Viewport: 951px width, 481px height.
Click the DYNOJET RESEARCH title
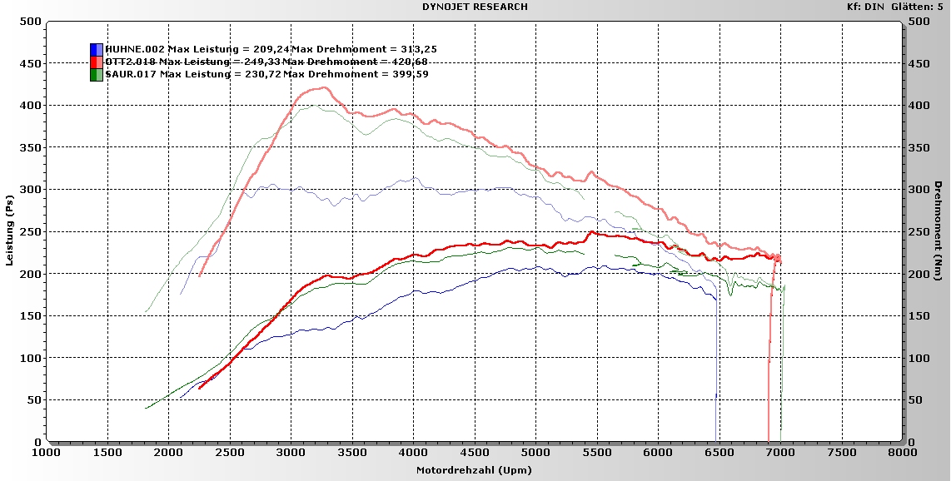pyautogui.click(x=475, y=7)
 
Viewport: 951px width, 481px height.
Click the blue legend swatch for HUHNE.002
pyautogui.click(x=97, y=49)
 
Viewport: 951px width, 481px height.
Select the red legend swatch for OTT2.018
pyautogui.click(x=97, y=62)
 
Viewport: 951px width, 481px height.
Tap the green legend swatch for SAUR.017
pyautogui.click(x=97, y=74)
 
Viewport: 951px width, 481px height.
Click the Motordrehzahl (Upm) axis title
pyautogui.click(x=473, y=470)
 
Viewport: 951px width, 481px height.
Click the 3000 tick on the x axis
pyautogui.click(x=291, y=453)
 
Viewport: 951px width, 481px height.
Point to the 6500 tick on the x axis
pyautogui.click(x=719, y=453)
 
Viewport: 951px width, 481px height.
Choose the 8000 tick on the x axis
pyautogui.click(x=902, y=453)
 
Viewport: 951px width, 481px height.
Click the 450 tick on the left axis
pyautogui.click(x=31, y=63)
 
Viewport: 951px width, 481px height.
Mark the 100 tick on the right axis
pyautogui.click(x=918, y=358)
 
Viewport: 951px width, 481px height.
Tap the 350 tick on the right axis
pyautogui.click(x=918, y=147)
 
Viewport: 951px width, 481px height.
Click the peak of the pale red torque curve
pyautogui.click(x=321, y=87)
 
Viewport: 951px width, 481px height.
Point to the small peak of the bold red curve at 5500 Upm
pyautogui.click(x=591, y=232)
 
